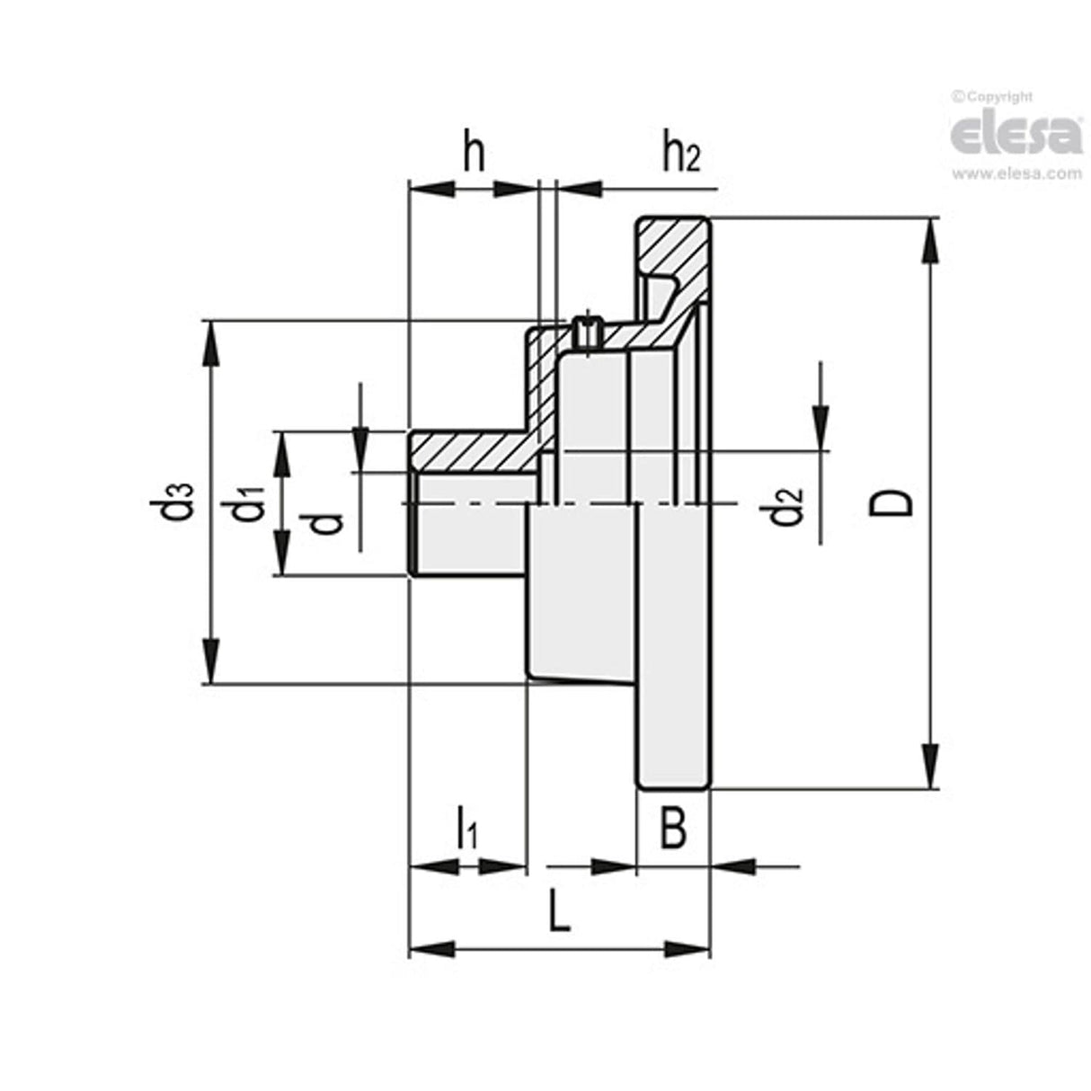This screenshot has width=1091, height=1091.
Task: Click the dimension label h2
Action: point(680,155)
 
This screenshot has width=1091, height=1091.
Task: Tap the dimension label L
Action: point(559,914)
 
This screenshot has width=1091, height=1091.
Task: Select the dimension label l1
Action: point(466,829)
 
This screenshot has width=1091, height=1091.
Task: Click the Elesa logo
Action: point(1016,135)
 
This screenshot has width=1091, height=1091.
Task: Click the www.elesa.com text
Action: point(1016,174)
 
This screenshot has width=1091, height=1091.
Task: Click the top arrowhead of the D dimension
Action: point(932,241)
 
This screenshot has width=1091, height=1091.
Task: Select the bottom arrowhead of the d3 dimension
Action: point(211,661)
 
